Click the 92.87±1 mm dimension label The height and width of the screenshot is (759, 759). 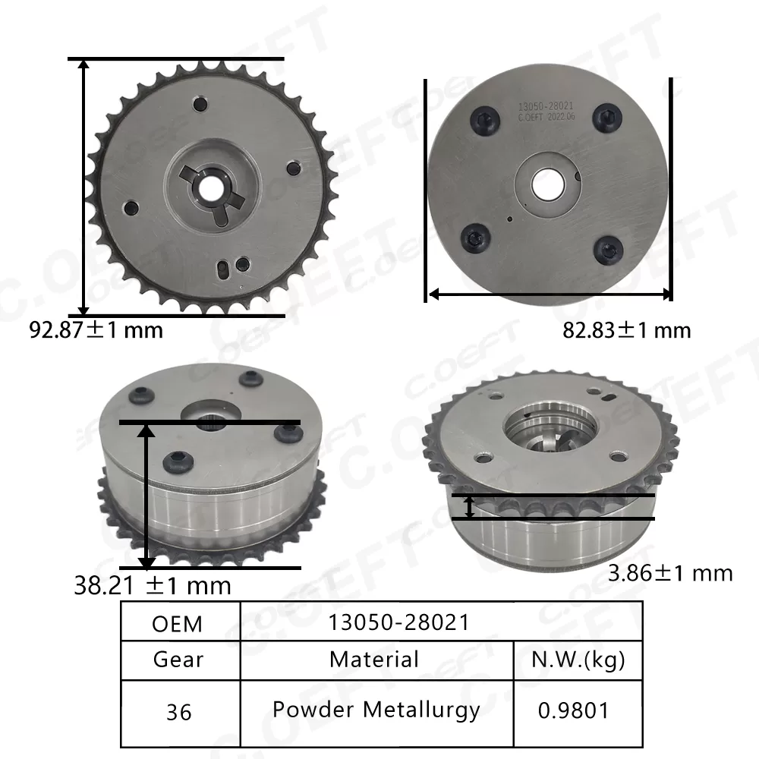(96, 330)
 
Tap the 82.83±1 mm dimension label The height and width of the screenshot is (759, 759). (627, 330)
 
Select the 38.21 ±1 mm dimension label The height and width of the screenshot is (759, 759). (153, 585)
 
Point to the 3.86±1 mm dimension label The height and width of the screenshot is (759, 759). (671, 572)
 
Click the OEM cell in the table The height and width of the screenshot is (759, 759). (178, 624)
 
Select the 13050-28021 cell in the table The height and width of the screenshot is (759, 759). (398, 622)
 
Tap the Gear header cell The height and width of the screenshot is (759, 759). (178, 659)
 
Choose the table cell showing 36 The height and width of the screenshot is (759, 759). (178, 712)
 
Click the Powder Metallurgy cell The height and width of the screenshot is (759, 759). (376, 710)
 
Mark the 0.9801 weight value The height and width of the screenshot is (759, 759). (574, 712)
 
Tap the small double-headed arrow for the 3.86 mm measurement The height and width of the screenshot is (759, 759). (470, 507)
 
